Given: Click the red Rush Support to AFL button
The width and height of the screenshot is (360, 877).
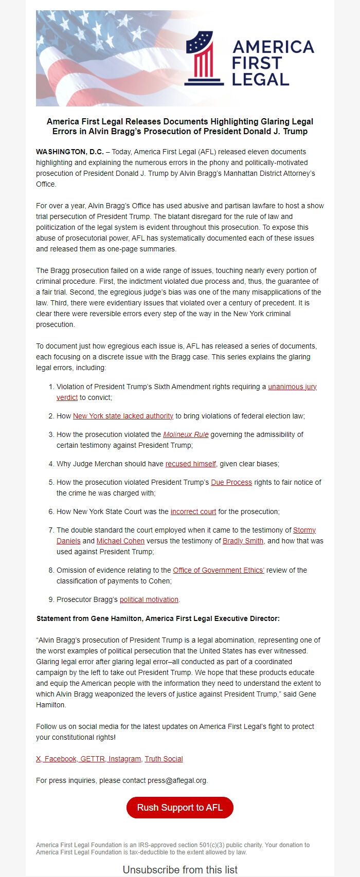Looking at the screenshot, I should pos(179,808).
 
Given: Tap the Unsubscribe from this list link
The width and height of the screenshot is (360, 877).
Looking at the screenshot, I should pos(179,870).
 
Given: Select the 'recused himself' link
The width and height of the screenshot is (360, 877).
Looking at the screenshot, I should pos(190,464).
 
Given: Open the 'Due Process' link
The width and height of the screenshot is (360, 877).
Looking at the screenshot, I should pos(231,482).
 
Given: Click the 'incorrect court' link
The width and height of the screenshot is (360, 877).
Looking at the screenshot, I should pos(193,511).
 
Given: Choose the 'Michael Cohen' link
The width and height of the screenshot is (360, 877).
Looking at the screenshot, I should pos(120,541).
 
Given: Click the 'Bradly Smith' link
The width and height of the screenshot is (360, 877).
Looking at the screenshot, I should pos(243,541).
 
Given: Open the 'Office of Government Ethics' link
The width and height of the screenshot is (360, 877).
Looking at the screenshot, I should pos(219,570).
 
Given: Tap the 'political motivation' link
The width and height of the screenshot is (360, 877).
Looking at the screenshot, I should pos(149,599).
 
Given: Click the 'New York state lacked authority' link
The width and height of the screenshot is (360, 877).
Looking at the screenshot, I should pos(123,416).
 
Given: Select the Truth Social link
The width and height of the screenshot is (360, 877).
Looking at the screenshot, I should pos(164,759).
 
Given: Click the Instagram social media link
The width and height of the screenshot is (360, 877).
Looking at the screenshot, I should pos(124,759).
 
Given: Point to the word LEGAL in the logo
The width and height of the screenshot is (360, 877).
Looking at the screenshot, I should pos(260,80).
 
